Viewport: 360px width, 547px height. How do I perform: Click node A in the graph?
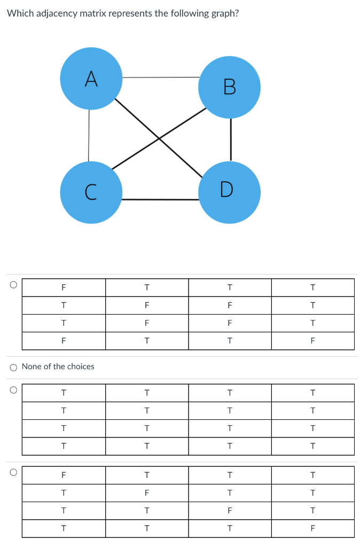[x=91, y=79]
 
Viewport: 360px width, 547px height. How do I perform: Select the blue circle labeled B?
[x=229, y=87]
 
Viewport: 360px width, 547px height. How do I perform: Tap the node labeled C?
[x=91, y=192]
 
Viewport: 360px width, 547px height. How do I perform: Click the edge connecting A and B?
[x=160, y=77]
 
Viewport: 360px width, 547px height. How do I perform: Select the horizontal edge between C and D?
[x=160, y=199]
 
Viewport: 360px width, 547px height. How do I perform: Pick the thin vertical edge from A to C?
[x=89, y=136]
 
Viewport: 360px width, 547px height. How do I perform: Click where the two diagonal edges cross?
[x=159, y=139]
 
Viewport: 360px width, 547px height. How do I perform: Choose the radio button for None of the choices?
[x=13, y=367]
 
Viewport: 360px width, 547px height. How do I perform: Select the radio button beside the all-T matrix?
[x=13, y=390]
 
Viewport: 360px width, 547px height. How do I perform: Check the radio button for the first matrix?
[x=13, y=284]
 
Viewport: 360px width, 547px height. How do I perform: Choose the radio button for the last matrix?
[x=13, y=472]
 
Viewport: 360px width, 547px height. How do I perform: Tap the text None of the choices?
[x=58, y=366]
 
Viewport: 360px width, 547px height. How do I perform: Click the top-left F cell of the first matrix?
[x=64, y=287]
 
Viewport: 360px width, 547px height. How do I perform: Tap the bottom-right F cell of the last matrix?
[x=313, y=529]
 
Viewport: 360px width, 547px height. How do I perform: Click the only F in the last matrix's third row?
[x=230, y=511]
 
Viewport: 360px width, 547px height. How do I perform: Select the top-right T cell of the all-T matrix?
[x=313, y=393]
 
